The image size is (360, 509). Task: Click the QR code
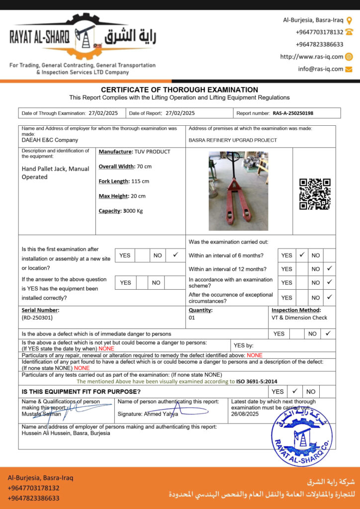point(315,194)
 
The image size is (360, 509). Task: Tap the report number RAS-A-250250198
point(293,113)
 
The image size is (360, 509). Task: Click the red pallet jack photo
point(238,191)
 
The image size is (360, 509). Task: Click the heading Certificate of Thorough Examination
point(180,89)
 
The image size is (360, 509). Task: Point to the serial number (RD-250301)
point(37,317)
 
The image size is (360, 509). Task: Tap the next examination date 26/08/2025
point(245,414)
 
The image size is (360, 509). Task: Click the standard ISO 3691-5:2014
point(257,382)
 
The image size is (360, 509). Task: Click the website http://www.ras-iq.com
point(312,57)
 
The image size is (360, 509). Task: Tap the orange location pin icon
point(349,20)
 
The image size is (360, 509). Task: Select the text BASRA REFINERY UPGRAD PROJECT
point(233,140)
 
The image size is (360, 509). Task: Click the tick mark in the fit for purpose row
point(294,391)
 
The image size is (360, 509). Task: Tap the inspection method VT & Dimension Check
point(299,317)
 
